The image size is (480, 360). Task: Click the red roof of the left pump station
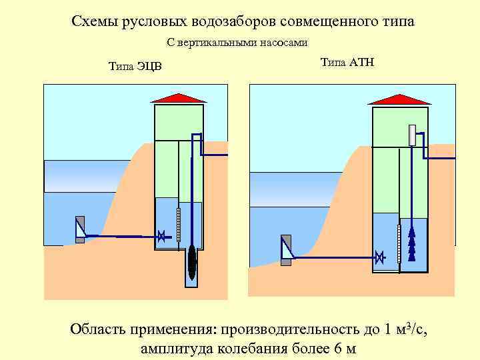[x=179, y=98]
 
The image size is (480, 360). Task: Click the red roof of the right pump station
[x=399, y=99]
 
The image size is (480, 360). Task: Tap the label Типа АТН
[x=347, y=63]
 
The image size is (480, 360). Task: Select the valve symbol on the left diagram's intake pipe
[x=161, y=235]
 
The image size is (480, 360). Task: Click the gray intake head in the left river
[x=80, y=229]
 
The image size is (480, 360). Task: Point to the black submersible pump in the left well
[x=192, y=261]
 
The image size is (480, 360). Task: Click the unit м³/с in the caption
[x=411, y=329]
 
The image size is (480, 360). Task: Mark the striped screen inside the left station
[x=178, y=224]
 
